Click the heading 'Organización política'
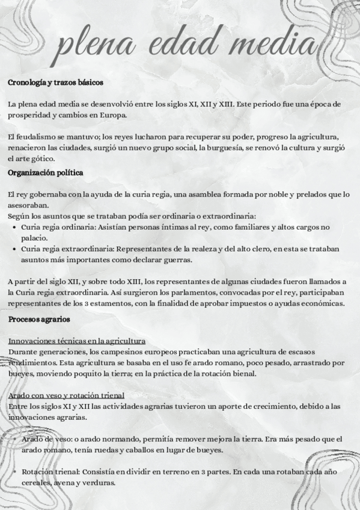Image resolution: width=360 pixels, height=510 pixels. click(45, 173)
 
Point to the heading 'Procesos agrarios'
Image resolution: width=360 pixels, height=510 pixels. click(39, 319)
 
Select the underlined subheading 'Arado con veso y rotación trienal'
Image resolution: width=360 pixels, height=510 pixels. click(67, 395)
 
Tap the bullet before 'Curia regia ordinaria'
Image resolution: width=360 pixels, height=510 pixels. click(14, 227)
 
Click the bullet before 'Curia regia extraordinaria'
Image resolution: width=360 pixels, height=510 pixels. click(14, 249)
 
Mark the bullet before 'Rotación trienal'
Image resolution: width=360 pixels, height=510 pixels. click(14, 472)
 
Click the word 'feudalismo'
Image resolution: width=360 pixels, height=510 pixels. click(37, 137)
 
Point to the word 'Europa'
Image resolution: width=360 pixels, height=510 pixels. click(114, 115)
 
